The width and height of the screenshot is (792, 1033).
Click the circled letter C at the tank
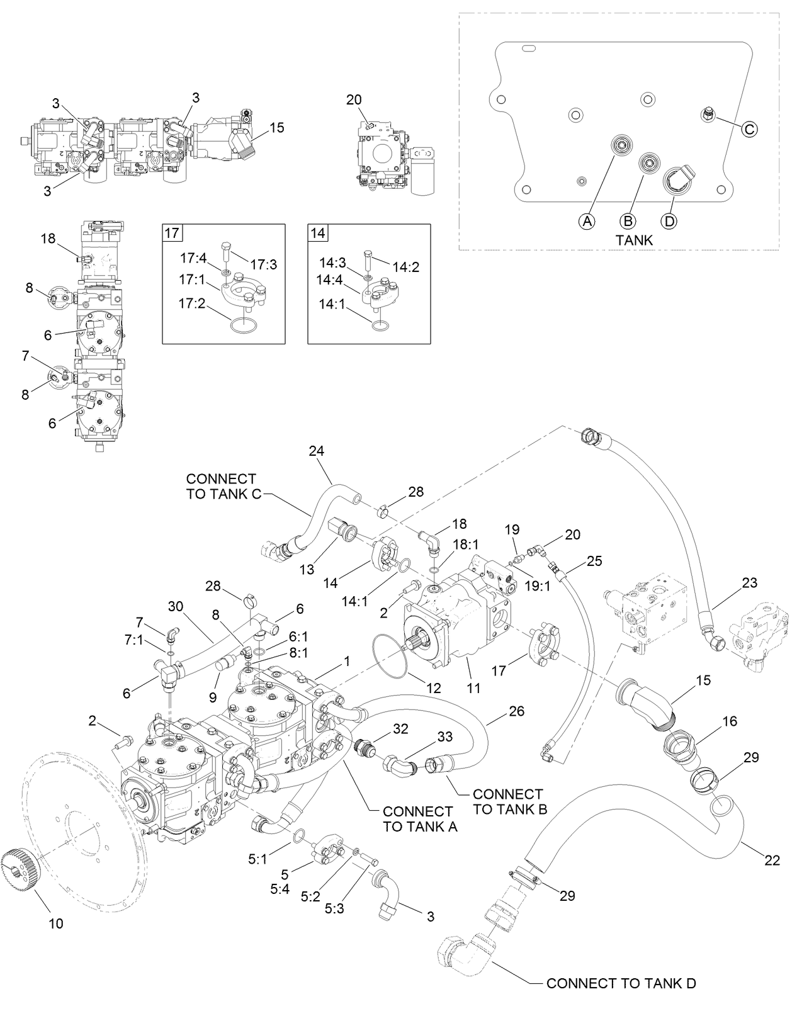(x=749, y=130)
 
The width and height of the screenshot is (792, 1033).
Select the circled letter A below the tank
(x=587, y=221)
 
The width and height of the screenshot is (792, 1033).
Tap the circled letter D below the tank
(x=669, y=221)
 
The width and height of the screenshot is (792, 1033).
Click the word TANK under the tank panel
(x=634, y=240)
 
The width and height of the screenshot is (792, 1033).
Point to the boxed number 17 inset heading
(x=171, y=233)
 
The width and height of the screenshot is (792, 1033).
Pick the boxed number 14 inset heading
(x=317, y=233)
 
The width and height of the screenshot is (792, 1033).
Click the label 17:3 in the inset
(x=263, y=264)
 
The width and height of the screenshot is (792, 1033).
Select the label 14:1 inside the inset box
(x=332, y=305)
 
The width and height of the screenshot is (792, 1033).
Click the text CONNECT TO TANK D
(x=621, y=983)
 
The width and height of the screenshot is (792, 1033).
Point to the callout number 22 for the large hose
(x=772, y=861)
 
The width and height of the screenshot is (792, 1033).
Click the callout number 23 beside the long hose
(x=749, y=583)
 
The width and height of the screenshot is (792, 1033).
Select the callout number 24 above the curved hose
(x=316, y=451)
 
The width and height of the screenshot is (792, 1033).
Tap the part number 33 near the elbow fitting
(x=444, y=735)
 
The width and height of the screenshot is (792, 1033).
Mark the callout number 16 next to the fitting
(x=729, y=721)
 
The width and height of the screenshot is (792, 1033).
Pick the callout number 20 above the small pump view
(x=354, y=99)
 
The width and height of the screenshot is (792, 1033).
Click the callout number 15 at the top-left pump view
(x=276, y=128)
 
